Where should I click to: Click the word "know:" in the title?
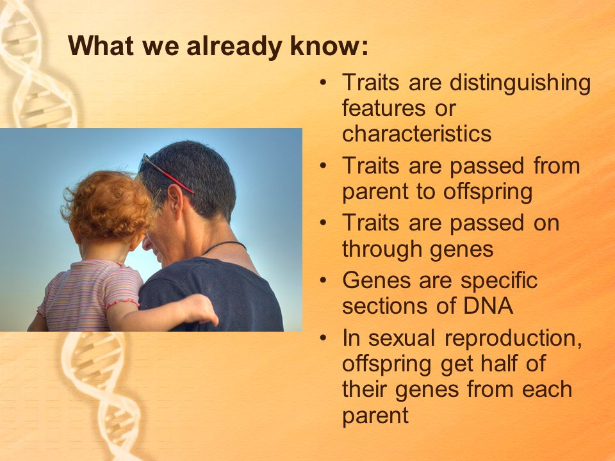[x=329, y=46]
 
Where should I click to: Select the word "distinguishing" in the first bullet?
[x=520, y=84]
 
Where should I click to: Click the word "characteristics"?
[x=416, y=133]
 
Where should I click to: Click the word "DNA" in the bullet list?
[x=488, y=306]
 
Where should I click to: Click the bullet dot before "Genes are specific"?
[x=323, y=280]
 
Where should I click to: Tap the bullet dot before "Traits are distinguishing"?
[x=323, y=83]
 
